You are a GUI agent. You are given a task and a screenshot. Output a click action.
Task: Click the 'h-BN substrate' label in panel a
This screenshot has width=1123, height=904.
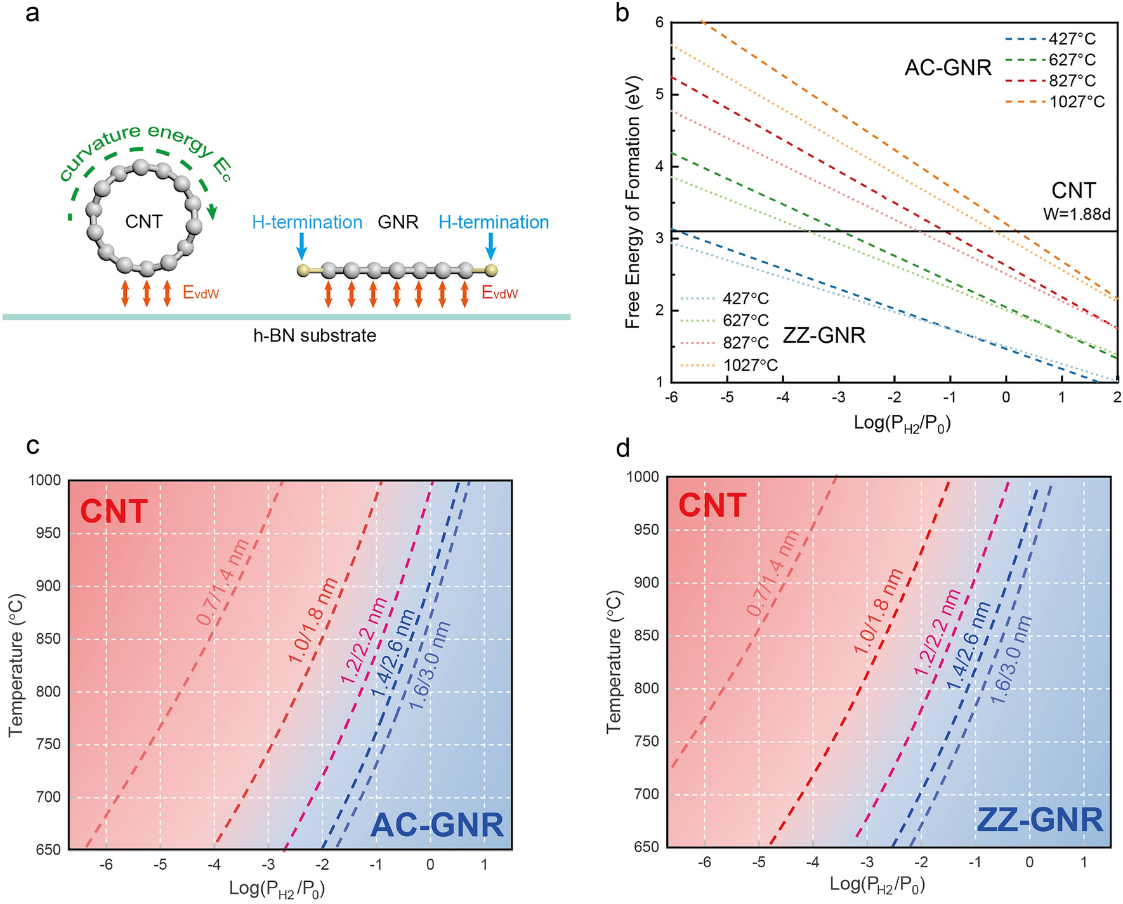[315, 335]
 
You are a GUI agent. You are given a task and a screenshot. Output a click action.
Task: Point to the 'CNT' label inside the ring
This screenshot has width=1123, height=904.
[144, 222]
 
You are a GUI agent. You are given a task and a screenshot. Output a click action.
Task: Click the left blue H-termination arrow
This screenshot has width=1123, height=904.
[302, 245]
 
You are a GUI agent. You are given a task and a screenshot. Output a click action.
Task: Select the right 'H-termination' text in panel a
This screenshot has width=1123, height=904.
[494, 222]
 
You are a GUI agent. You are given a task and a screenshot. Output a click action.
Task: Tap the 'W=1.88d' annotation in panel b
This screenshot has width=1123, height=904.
[1077, 214]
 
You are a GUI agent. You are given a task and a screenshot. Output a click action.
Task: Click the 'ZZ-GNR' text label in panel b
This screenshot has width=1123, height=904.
[824, 335]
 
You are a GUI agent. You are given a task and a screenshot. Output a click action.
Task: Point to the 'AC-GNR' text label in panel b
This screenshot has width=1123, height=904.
[948, 67]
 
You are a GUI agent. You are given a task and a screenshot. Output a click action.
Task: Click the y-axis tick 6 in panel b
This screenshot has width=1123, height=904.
[659, 23]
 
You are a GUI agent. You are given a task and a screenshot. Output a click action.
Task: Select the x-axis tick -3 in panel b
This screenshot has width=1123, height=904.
[839, 398]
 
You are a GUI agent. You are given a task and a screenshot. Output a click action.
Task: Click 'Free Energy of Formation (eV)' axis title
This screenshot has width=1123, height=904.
[633, 202]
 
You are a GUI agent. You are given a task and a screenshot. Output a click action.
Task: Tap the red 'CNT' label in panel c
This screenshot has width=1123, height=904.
[114, 512]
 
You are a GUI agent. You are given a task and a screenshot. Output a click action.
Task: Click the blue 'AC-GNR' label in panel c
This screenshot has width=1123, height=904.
[437, 825]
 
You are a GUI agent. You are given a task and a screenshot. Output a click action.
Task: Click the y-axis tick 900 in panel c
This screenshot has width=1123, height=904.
[48, 586]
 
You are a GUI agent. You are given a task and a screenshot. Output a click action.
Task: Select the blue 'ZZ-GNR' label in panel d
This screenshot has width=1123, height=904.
[1040, 820]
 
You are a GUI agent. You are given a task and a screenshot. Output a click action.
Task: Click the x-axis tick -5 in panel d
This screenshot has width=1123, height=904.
[758, 862]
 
